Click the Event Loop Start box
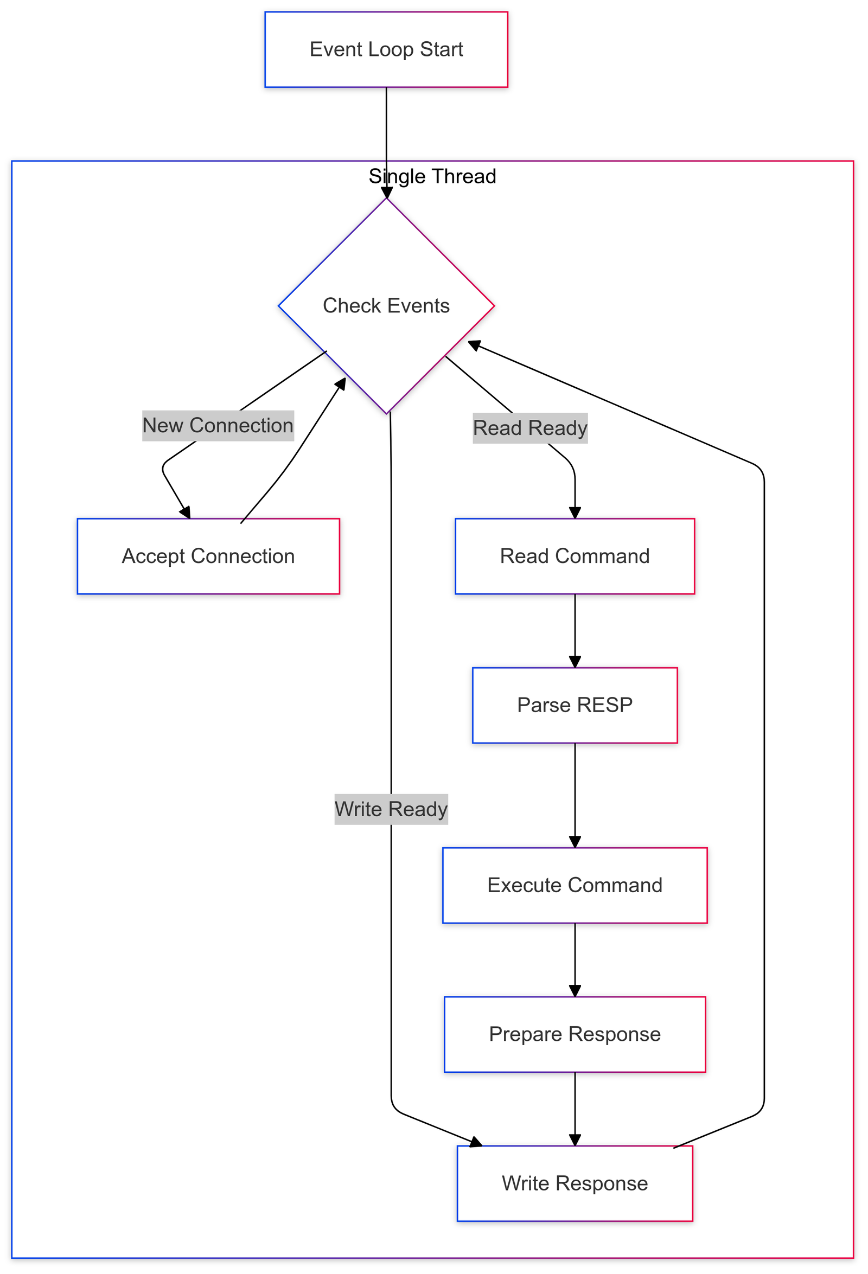(x=386, y=49)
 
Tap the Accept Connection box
(x=208, y=556)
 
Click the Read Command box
(x=574, y=556)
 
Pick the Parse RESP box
(x=574, y=705)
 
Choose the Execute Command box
(x=574, y=885)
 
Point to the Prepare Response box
(x=574, y=1034)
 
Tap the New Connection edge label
(x=218, y=425)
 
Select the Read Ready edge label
(x=529, y=427)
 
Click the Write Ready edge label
(x=391, y=809)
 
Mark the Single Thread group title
(x=432, y=176)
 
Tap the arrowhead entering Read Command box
(x=575, y=513)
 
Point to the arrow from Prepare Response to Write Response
(x=575, y=1107)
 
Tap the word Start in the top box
(x=442, y=49)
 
